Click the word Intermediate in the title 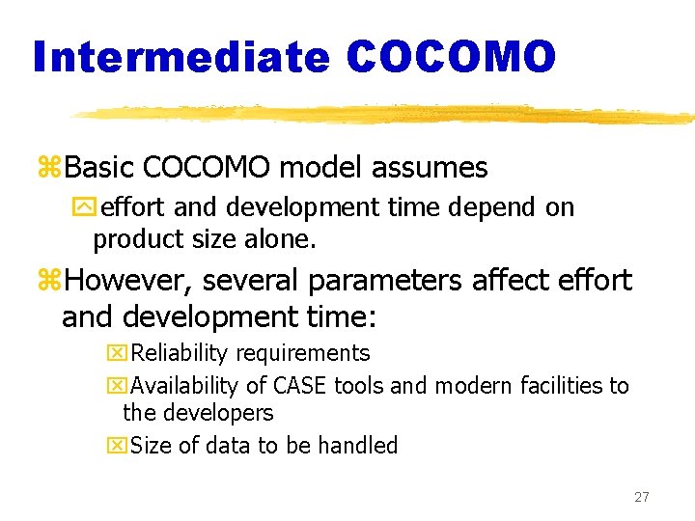coord(181,57)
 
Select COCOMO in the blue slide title coord(451,57)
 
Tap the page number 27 coord(641,497)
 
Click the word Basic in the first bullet coord(100,168)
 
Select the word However coord(125,281)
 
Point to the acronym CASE coord(299,386)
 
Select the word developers coord(218,413)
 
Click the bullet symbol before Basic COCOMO coord(49,169)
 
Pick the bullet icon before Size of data coord(117,447)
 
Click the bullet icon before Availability coord(117,387)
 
